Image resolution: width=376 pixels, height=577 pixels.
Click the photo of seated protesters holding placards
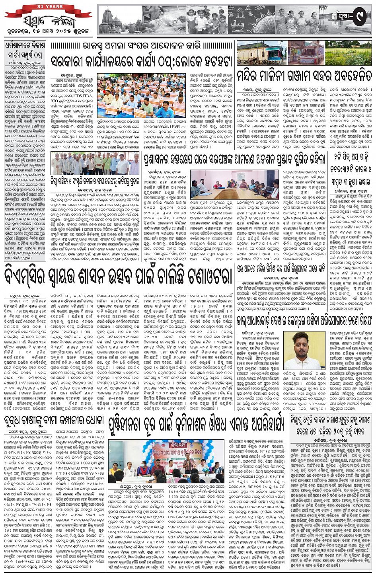pos(142,96)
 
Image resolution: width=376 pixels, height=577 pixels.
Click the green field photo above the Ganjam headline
pos(349,52)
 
